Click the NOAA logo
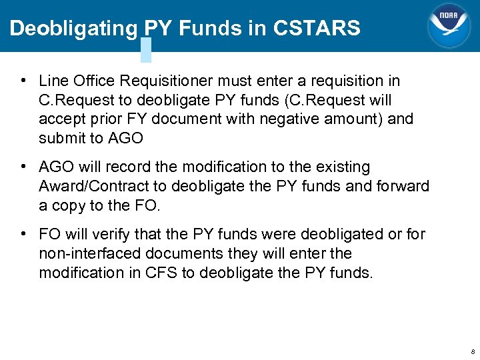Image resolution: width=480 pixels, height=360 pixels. [x=448, y=25]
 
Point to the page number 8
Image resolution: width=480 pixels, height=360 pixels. [x=473, y=351]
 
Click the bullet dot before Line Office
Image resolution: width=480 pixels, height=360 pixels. [x=23, y=81]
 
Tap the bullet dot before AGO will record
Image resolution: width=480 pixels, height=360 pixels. [x=23, y=167]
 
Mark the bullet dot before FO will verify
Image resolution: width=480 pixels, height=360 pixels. [x=23, y=235]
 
